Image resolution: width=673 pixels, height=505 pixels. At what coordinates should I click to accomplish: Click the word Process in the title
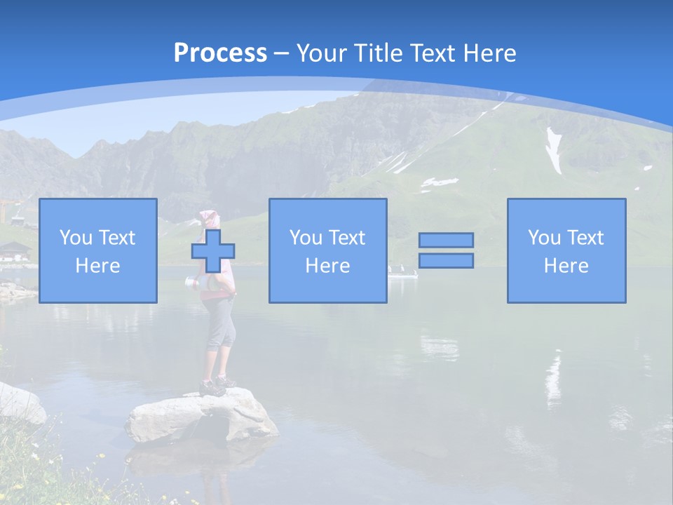click(220, 53)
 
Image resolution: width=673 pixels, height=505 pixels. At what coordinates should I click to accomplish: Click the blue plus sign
click(213, 250)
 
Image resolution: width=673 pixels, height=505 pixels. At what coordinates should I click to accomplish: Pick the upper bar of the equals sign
click(446, 240)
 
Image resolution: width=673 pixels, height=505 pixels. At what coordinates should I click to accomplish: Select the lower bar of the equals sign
click(446, 260)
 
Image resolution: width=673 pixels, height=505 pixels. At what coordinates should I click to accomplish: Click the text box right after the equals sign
click(566, 250)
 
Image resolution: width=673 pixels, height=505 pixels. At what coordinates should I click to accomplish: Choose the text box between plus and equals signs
click(327, 250)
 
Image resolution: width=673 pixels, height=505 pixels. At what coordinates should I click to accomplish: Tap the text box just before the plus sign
click(97, 250)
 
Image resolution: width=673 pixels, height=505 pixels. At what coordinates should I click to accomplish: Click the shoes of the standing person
click(216, 385)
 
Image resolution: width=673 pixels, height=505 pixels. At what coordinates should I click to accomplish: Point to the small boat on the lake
click(402, 273)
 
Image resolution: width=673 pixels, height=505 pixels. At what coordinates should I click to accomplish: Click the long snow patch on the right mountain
click(555, 150)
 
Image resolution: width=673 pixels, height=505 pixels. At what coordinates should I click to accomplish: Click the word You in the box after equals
click(544, 238)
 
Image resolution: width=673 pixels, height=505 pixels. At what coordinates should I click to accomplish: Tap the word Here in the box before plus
click(97, 266)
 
